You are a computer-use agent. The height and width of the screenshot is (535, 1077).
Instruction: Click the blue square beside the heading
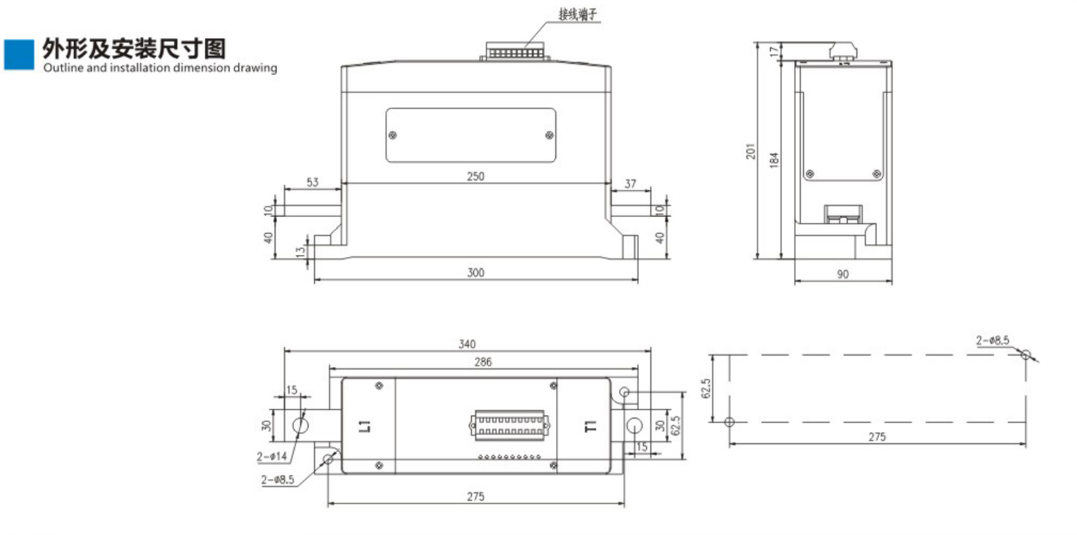point(18,54)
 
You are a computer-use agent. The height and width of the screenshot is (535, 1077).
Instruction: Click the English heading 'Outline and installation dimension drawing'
point(160,68)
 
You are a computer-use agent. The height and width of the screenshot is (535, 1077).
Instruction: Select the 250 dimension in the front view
point(475,176)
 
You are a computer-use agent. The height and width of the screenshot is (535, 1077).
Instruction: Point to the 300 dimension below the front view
point(475,273)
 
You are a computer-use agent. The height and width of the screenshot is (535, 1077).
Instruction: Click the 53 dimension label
point(312,182)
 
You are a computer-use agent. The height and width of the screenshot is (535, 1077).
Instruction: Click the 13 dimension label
point(298,251)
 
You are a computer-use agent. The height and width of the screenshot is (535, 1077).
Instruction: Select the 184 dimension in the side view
point(774,160)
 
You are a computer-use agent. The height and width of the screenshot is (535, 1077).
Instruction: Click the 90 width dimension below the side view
point(843,274)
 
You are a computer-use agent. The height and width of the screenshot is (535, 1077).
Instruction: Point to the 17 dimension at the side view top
point(774,51)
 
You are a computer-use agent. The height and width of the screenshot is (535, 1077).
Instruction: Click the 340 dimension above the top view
point(467,343)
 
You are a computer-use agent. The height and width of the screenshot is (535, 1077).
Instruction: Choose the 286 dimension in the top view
point(483,361)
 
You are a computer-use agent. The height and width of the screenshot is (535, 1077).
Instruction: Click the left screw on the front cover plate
point(393,135)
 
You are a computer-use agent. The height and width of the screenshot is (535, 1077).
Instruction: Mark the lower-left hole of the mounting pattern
point(729,422)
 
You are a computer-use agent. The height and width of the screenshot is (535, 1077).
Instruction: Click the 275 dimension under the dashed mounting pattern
point(877,436)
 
